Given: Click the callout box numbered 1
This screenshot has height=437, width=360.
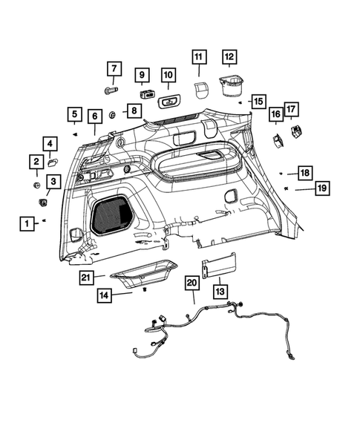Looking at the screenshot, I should tap(26, 222).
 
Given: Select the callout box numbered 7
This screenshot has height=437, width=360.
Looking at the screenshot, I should tap(114, 70).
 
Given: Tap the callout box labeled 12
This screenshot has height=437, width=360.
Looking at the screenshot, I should tap(229, 56).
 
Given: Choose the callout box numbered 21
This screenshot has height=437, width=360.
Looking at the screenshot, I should tap(88, 277).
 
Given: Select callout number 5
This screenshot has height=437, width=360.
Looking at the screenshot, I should tap(74, 114).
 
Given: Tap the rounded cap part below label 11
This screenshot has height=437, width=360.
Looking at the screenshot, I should tap(199, 89).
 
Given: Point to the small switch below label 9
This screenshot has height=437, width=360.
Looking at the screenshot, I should tap(144, 94).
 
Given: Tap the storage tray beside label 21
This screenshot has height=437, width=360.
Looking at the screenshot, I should tap(145, 274).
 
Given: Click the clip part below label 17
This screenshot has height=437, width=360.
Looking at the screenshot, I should tap(297, 131).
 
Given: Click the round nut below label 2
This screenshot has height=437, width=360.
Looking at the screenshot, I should tap(36, 183).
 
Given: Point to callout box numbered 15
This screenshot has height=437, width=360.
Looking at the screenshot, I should tap(258, 101).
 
